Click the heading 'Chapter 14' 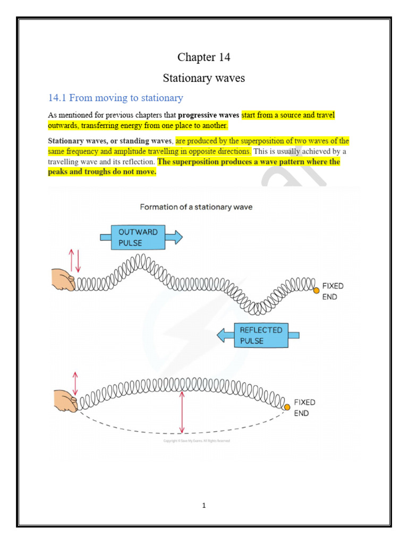203,57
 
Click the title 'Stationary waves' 203,78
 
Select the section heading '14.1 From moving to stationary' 115,98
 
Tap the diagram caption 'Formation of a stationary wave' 196,207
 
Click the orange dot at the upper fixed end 316,290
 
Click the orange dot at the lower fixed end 287,407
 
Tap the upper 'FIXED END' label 333,291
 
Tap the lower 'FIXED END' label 304,407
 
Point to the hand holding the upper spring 63,279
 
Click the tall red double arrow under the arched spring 182,412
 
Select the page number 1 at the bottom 203,506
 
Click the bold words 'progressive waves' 209,115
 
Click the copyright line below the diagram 196,440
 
